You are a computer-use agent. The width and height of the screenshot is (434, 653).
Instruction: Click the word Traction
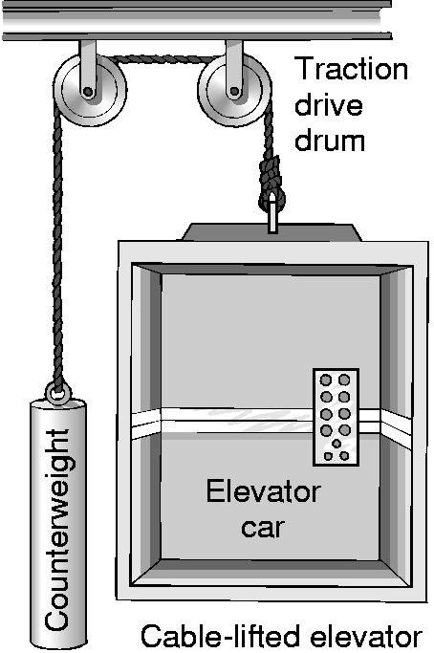pyautogui.click(x=351, y=69)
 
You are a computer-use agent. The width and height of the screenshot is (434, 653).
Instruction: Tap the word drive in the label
pyautogui.click(x=329, y=104)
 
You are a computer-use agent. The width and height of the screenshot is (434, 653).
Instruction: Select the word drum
pyautogui.click(x=330, y=140)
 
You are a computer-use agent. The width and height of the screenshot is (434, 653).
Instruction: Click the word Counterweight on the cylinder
pyautogui.click(x=57, y=529)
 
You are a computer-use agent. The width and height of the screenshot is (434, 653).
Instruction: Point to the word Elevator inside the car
pyautogui.click(x=263, y=491)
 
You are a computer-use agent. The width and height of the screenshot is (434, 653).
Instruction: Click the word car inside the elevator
pyautogui.click(x=262, y=527)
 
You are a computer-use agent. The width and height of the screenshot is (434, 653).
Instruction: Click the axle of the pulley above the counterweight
pyautogui.click(x=87, y=91)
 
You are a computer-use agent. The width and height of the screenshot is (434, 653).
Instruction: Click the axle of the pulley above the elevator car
pyautogui.click(x=234, y=91)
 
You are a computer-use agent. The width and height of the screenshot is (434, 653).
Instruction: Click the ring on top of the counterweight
pyautogui.click(x=58, y=393)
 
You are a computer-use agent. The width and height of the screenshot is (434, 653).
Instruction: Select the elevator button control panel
pyautogui.click(x=336, y=417)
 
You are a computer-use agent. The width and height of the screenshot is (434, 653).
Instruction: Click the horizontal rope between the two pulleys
pyautogui.click(x=163, y=59)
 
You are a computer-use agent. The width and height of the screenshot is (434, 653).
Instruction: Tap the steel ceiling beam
pyautogui.click(x=197, y=20)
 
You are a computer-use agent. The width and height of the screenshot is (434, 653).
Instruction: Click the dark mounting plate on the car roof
pyautogui.click(x=271, y=232)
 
